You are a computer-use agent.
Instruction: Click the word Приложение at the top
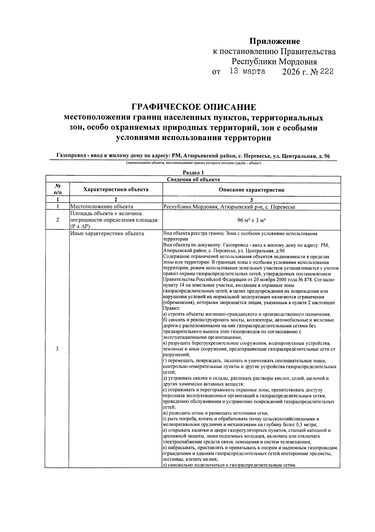274,41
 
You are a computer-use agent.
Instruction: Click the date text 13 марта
247,72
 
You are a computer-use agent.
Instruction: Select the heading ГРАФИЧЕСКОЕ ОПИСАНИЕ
193,107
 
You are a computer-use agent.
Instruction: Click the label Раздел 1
193,173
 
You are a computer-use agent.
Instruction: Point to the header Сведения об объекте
193,179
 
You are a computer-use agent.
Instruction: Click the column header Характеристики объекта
116,189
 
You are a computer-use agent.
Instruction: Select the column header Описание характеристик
251,190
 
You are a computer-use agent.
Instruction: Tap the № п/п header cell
57,189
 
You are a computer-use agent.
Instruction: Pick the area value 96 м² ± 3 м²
251,220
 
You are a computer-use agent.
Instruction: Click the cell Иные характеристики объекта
107,233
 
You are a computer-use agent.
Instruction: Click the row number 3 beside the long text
57,349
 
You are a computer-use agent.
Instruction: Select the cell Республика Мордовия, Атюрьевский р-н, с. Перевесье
229,207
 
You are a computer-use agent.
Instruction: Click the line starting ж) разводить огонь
216,413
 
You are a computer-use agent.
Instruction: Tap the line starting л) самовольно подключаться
229,465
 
